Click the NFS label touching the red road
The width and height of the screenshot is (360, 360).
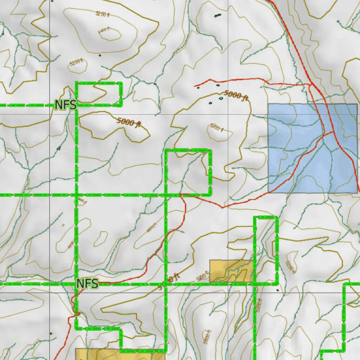(87, 283)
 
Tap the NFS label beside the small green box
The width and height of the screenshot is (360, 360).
(65, 104)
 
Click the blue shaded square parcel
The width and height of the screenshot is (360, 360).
(313, 148)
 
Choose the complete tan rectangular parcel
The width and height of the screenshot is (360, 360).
(231, 271)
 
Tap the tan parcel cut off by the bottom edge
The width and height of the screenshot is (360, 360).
(120, 354)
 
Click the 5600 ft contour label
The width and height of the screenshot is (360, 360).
(208, 337)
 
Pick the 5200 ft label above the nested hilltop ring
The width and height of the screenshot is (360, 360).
(103, 14)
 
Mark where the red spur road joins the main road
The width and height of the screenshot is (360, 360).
(311, 84)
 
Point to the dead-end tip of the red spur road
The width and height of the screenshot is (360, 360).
(195, 86)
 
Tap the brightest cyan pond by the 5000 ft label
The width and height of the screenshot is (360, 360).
(221, 98)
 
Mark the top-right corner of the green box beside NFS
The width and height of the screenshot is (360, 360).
(121, 83)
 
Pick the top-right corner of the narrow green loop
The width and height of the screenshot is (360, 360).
(277, 218)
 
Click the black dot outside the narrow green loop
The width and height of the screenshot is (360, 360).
(278, 290)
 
